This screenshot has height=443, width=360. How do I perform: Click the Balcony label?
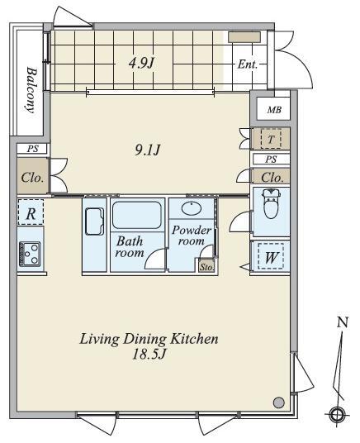31,90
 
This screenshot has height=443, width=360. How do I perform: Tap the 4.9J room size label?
141,63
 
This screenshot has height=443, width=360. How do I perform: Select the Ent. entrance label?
248,64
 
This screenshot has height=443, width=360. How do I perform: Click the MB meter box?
274,110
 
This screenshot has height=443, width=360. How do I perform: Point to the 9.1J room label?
148,150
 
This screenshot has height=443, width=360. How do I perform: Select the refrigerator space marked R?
31,212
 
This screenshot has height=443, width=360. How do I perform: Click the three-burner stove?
30,254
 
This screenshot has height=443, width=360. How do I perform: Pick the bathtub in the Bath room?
137,215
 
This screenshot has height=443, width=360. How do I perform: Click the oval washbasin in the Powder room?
192,208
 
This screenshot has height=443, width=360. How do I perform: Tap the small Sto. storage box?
206,266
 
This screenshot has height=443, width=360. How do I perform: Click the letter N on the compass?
342,322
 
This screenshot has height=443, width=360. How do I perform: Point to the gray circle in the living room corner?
279,402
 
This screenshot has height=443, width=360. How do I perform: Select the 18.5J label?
149,355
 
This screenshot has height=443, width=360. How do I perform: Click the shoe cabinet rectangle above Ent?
244,37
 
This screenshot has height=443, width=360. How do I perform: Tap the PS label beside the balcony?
32,149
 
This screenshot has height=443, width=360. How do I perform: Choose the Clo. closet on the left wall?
32,177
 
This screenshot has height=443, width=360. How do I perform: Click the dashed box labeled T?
271,139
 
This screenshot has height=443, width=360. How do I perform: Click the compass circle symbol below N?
336,415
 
